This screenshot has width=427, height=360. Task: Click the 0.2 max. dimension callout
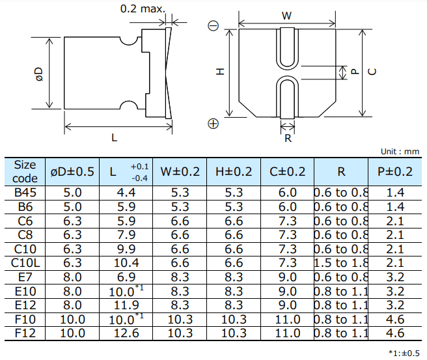point(143,10)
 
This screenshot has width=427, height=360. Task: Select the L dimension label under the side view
point(115,137)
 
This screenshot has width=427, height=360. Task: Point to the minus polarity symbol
point(213,27)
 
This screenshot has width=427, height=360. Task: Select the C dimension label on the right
point(372,72)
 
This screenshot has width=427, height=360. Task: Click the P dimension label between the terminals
point(354,73)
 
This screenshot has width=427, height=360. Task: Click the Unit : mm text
point(400,151)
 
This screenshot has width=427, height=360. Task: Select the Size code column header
point(25,171)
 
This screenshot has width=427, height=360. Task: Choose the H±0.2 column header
point(233,172)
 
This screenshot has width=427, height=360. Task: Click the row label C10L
point(25,262)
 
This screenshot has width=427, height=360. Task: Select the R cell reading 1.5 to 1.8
point(341,262)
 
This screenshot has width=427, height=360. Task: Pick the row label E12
point(25,305)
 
